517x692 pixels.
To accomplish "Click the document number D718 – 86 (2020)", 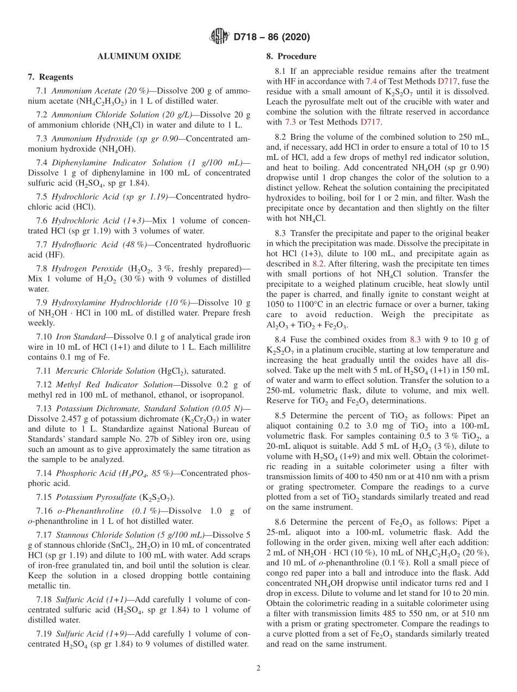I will click(271, 38).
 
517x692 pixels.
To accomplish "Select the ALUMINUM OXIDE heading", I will click(139, 57).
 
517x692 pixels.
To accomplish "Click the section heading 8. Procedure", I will click(291, 57).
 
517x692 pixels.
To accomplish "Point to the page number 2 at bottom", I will click(258, 668).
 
